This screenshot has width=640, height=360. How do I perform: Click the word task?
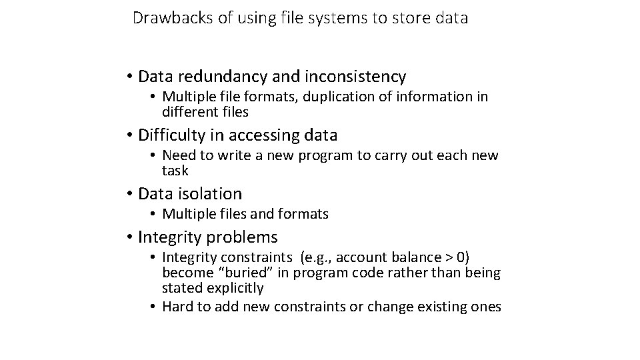[175, 171]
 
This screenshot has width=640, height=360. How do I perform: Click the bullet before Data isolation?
[129, 195]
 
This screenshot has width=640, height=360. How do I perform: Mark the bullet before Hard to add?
[153, 306]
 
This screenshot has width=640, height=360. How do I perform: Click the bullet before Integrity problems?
[129, 238]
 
